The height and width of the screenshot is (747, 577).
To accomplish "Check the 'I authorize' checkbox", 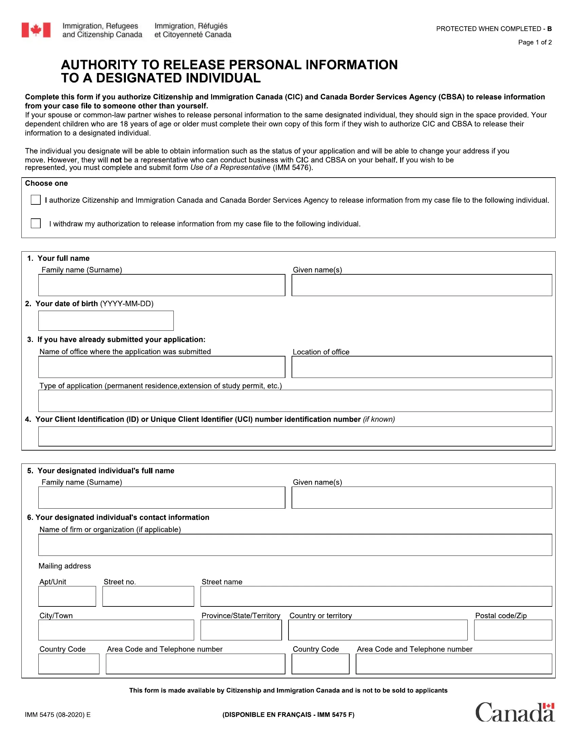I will click(x=36, y=200).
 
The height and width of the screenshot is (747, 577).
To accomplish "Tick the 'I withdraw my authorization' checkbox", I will click(x=36, y=223).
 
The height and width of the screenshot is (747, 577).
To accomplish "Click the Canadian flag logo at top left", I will click(x=36, y=30).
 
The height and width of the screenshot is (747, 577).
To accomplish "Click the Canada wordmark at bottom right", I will click(x=515, y=712).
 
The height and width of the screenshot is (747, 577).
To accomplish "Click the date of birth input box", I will click(x=106, y=321).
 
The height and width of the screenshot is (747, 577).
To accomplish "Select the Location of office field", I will click(x=422, y=367).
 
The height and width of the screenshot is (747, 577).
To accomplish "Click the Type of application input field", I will click(x=295, y=401).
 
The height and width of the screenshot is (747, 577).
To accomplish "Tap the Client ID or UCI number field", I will click(x=295, y=436).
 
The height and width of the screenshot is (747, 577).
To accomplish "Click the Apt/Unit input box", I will click(x=67, y=596).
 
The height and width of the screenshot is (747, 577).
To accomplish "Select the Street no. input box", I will click(x=148, y=596).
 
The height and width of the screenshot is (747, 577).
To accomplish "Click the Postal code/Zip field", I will click(x=513, y=630).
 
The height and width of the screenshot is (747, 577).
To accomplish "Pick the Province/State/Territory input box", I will click(x=241, y=630).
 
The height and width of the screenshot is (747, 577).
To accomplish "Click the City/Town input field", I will click(x=116, y=630).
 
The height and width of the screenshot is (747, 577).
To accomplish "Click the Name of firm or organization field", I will click(x=295, y=545).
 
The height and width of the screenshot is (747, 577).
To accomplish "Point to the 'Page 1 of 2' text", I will click(x=535, y=42).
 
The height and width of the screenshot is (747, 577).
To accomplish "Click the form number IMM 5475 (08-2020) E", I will click(x=57, y=714).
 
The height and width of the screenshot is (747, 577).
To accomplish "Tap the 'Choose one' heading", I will click(x=46, y=183).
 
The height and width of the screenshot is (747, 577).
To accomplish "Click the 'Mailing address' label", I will click(x=64, y=566).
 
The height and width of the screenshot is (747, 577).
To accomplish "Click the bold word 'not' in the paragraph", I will click(x=116, y=160).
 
